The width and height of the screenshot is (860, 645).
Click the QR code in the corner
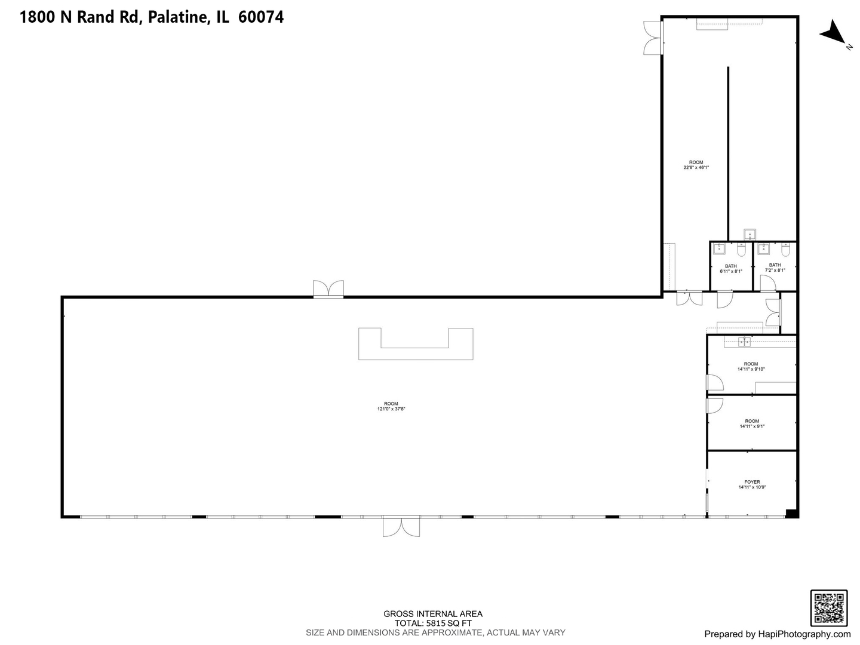pyautogui.click(x=828, y=608)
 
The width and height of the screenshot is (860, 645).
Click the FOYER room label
pyautogui.click(x=752, y=484)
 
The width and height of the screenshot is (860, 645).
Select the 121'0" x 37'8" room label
pyautogui.click(x=391, y=406)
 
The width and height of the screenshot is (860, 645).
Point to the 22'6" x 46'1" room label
pyautogui.click(x=696, y=165)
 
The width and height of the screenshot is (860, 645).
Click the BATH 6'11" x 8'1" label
pyautogui.click(x=730, y=269)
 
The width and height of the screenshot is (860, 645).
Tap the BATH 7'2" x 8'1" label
pyautogui.click(x=775, y=268)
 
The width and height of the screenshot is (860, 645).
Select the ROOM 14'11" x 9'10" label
pyautogui.click(x=751, y=366)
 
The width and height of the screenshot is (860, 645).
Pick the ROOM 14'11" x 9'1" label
pyautogui.click(x=752, y=423)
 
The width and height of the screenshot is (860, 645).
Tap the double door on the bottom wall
pyautogui.click(x=401, y=527)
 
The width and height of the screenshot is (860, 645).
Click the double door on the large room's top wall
pyautogui.click(x=328, y=289)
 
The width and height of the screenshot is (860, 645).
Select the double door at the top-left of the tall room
pyautogui.click(x=652, y=37)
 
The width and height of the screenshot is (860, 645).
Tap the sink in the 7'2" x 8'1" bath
pyautogui.click(x=763, y=248)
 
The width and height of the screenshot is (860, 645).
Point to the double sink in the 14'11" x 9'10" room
pyautogui.click(x=744, y=342)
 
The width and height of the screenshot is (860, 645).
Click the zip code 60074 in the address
pyautogui.click(x=261, y=17)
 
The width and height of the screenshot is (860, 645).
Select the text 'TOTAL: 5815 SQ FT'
pyautogui.click(x=432, y=623)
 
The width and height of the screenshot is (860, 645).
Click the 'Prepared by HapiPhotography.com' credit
pyautogui.click(x=777, y=634)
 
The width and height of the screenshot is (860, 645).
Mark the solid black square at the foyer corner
pyautogui.click(x=791, y=513)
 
